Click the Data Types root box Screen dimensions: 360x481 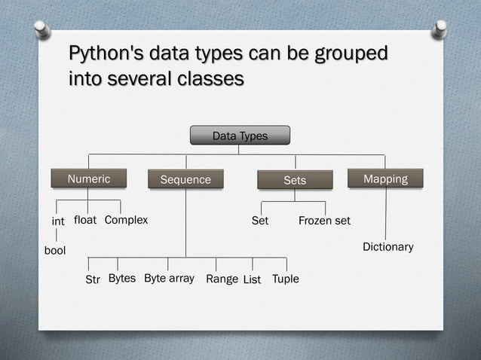pos(240,136)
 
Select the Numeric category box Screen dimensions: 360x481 pos(89,179)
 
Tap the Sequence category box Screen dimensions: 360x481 pos(185,180)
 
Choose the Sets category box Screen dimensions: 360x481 pos(295,180)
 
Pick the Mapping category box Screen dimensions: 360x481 pos(385,178)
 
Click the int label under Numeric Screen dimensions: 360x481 pos(57,221)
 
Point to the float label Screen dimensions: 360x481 pos(85,221)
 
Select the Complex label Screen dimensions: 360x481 pos(126,221)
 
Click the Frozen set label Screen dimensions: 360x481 pos(324,221)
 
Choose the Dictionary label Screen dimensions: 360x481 pos(388,247)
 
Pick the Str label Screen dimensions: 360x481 pos(93,279)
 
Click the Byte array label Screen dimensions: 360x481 pos(169,279)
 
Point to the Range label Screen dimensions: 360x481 pos(222,279)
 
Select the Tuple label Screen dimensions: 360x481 pos(285,279)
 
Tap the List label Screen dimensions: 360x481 pos(252,279)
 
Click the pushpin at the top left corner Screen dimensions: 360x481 pos(42,29)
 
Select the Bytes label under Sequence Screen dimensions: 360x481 pos(122,279)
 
